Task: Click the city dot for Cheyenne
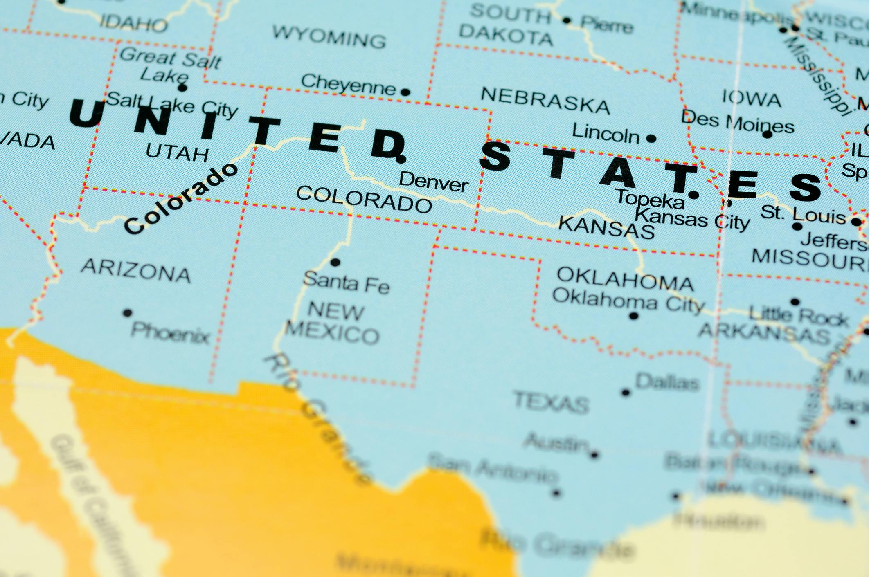[405, 92]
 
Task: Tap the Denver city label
[434, 182]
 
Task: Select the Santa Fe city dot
[335, 263]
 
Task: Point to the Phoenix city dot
[127, 313]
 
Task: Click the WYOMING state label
[329, 37]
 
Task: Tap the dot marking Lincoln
[651, 139]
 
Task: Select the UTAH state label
[177, 153]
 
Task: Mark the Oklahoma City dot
[634, 316]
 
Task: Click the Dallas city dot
[626, 393]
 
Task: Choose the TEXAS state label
[551, 402]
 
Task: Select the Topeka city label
[650, 199]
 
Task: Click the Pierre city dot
[567, 20]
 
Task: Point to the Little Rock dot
[795, 302]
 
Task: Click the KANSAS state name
[606, 227]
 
